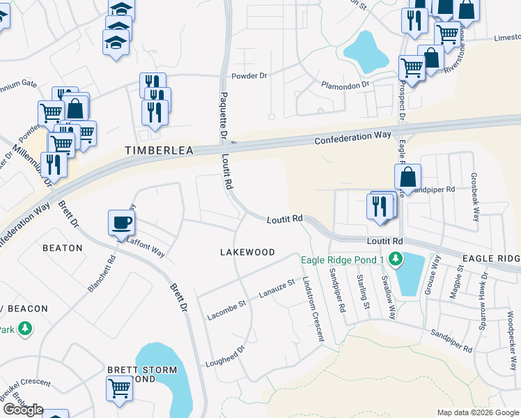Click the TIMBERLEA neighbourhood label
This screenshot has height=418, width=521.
click(158, 150)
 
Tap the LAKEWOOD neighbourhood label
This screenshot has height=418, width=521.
click(247, 252)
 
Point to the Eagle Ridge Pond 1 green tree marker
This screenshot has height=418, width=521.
click(396, 260)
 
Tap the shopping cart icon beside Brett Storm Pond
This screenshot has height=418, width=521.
click(119, 387)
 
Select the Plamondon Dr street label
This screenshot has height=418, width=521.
click(345, 85)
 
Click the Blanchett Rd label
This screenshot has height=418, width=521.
click(102, 272)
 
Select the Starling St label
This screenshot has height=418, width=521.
click(362, 287)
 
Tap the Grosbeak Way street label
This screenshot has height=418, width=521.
click(475, 197)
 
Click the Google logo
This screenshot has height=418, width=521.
click(22, 410)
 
